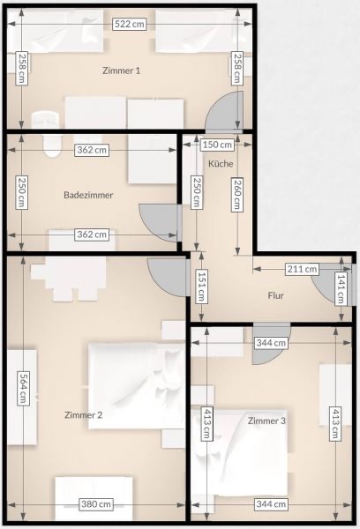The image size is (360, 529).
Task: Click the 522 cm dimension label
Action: pyautogui.click(x=130, y=24)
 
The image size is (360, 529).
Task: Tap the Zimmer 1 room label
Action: pyautogui.click(x=121, y=71)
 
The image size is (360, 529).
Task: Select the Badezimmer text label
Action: pyautogui.click(x=88, y=195)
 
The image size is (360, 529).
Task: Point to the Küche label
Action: pyautogui.click(x=221, y=164)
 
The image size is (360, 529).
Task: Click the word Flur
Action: pyautogui.click(x=275, y=295)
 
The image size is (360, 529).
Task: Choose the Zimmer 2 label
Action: pyautogui.click(x=84, y=415)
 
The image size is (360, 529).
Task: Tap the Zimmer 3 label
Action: pyautogui.click(x=266, y=421)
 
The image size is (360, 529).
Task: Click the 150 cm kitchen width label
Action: pyautogui.click(x=217, y=145)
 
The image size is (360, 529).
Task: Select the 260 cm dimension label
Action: pyautogui.click(x=237, y=195)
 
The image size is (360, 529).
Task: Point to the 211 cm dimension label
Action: pyautogui.click(x=302, y=269)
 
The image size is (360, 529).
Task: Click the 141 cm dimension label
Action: pyautogui.click(x=341, y=288)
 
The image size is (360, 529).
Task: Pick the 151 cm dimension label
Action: pyautogui.click(x=201, y=286)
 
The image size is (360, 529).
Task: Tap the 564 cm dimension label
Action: pyautogui.click(x=23, y=388)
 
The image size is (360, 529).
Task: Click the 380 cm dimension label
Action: pyautogui.click(x=96, y=504)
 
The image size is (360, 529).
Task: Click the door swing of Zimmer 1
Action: pyautogui.click(x=226, y=112)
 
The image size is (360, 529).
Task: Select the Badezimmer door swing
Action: pyautogui.click(x=159, y=223)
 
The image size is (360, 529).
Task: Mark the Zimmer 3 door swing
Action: pyautogui.click(x=271, y=344)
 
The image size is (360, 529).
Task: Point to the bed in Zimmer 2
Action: pyautogui.click(x=137, y=386)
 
